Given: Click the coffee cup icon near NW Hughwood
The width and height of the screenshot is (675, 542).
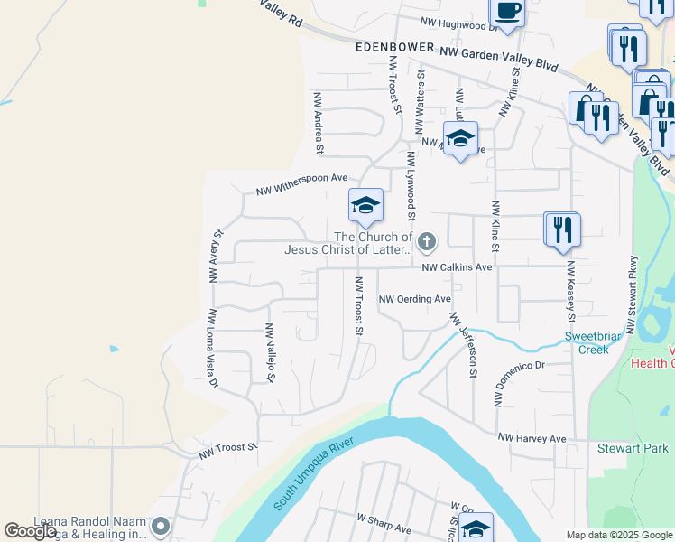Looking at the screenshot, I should coord(507,12).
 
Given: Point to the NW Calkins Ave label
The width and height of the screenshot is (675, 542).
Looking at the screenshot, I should coord(458,267).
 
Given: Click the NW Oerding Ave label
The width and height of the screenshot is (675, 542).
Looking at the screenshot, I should coord(414,299).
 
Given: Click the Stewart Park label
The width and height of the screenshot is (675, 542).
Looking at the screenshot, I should coord(633,448).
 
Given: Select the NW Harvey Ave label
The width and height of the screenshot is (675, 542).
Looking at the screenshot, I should coord(532,438).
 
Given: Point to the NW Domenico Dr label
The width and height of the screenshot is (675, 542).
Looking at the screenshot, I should coord(520,383).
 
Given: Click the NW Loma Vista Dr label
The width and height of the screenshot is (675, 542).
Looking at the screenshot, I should coord(213,348).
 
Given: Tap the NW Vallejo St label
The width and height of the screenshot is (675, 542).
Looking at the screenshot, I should coord(269,353).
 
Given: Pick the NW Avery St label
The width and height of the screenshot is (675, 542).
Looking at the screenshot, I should coord(216,257).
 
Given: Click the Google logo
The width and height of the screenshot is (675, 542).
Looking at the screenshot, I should coord(30,531).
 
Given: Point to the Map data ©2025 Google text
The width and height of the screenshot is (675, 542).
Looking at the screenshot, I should coord(619,535).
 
